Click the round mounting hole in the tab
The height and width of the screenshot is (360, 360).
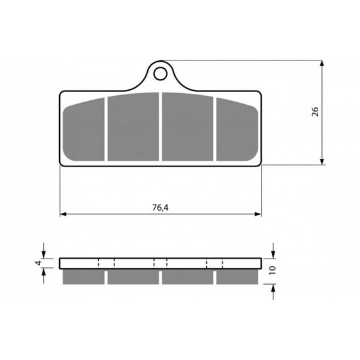click(161, 74)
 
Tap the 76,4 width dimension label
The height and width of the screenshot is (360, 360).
click(160, 208)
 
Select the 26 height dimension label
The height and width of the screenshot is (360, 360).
click(315, 112)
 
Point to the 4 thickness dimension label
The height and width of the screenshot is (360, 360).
click(39, 263)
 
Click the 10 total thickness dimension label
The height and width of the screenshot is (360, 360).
click(273, 270)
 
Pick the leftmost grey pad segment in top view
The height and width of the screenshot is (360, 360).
click(84, 129)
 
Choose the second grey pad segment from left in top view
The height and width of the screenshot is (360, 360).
click(133, 127)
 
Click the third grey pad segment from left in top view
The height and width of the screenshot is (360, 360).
click(188, 127)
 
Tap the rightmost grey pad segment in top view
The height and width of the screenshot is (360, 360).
click(237, 129)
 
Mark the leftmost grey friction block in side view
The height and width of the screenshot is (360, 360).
click(84, 276)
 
